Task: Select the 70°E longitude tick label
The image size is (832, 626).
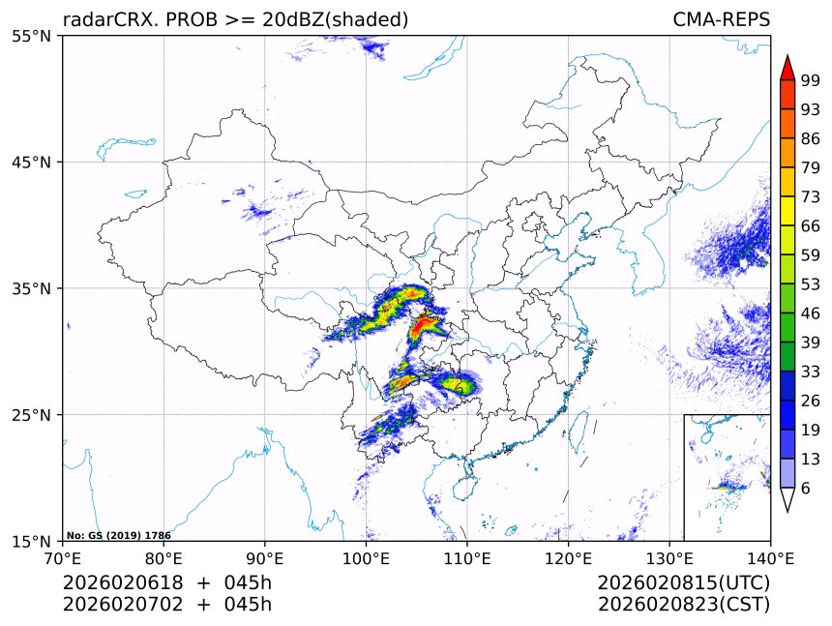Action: click(63, 557)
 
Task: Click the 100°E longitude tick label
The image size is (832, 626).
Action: click(366, 557)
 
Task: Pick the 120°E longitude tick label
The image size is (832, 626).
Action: click(568, 557)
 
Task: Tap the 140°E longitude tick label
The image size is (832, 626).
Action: click(770, 557)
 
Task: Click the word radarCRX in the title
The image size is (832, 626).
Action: click(104, 19)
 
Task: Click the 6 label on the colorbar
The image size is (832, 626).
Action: click(806, 489)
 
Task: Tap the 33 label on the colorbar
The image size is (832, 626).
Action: click(811, 372)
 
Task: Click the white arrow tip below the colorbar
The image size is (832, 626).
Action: click(787, 501)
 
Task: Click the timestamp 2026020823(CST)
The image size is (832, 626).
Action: click(683, 605)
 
